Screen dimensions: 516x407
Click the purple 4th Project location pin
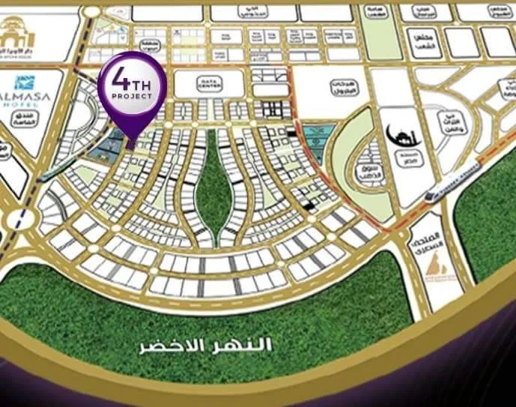(x=132, y=88)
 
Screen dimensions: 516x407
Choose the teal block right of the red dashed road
(x=318, y=142)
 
